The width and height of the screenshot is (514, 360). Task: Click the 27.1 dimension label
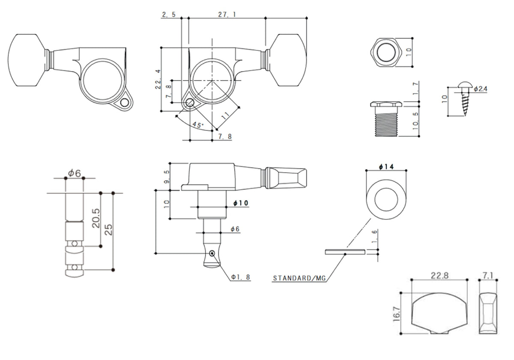click(227, 15)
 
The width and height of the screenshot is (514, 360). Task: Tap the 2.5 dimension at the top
click(169, 15)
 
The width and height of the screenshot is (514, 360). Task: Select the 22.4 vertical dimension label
click(158, 79)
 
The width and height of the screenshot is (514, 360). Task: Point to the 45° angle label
click(198, 125)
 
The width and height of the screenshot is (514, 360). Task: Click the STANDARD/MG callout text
click(299, 278)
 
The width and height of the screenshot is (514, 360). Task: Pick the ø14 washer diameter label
click(386, 167)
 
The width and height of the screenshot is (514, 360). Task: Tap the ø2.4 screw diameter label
click(481, 89)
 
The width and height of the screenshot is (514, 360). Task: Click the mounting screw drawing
click(464, 99)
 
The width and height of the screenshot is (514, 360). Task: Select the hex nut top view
click(386, 52)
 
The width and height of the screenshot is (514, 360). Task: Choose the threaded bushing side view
click(386, 119)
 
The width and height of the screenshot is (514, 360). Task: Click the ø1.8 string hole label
click(240, 277)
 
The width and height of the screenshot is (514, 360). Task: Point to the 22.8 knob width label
click(439, 276)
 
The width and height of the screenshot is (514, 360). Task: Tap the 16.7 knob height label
click(397, 314)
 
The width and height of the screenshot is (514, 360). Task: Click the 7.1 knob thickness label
click(488, 276)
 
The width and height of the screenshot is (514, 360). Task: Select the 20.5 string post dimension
click(96, 218)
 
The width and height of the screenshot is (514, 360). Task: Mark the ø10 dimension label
click(241, 203)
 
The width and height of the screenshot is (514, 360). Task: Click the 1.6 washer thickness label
click(374, 237)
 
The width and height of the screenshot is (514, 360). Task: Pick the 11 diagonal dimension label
click(226, 115)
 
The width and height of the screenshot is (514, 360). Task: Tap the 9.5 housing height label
click(167, 177)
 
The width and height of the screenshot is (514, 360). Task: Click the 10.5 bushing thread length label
click(415, 121)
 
